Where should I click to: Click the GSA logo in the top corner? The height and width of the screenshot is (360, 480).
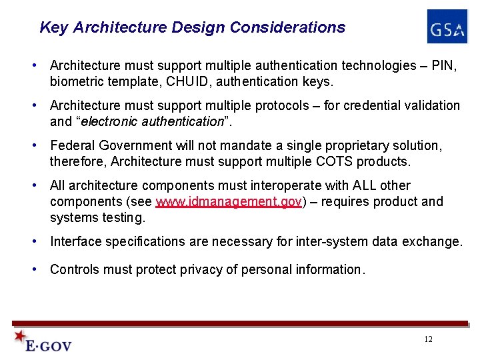point(447,27)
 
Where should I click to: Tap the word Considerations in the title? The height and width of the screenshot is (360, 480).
point(287,28)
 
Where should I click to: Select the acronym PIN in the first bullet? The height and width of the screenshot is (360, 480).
point(445,65)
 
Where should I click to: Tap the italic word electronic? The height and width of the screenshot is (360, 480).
point(110,122)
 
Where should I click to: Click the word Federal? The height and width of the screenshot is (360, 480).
point(72,145)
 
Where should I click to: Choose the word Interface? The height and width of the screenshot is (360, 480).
point(75,242)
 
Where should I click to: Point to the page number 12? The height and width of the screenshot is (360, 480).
point(428,339)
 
